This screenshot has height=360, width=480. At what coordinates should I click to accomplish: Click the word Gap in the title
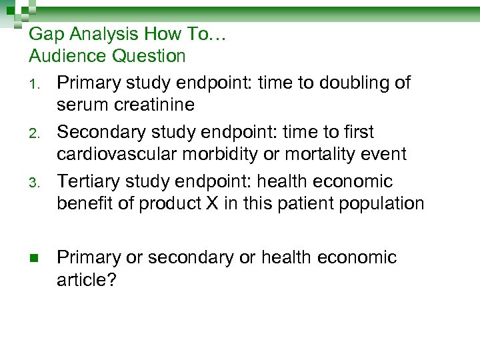(x=45, y=34)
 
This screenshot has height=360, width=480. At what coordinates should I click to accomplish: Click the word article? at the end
(x=87, y=280)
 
